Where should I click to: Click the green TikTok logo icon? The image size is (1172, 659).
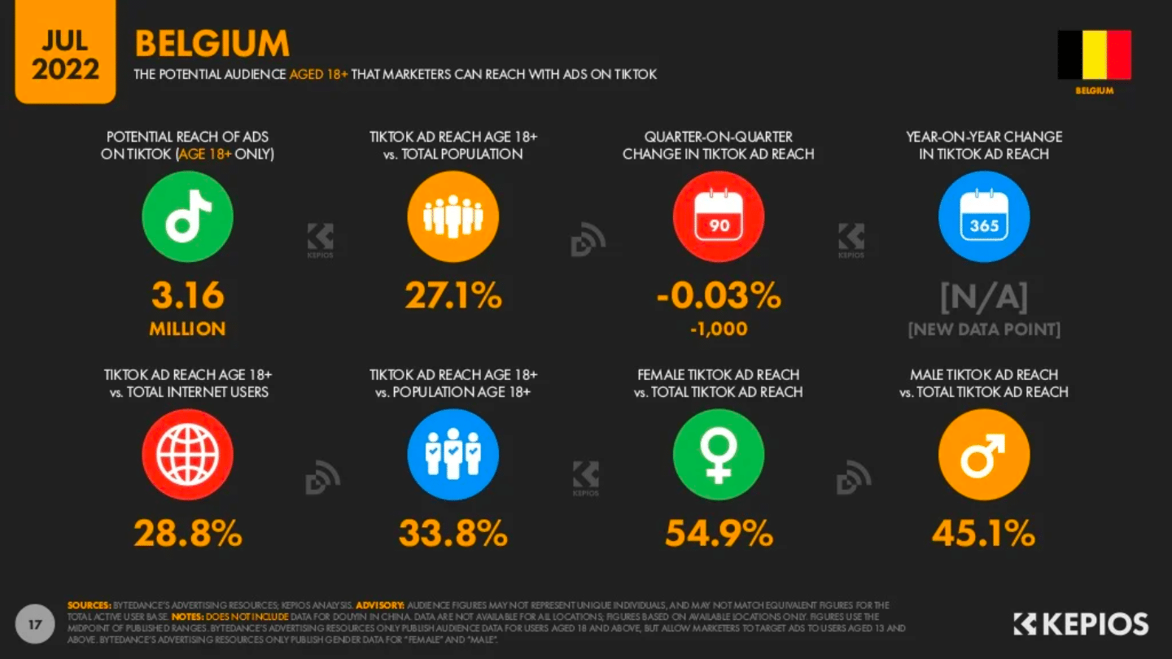click(x=188, y=216)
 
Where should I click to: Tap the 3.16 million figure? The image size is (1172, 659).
click(x=188, y=296)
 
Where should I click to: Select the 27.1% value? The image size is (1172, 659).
click(x=453, y=296)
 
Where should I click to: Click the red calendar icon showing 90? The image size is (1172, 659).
click(x=719, y=216)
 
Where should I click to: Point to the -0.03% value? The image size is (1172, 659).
click(x=719, y=296)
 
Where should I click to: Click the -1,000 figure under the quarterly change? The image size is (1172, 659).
click(x=719, y=329)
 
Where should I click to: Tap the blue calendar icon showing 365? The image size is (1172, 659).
click(x=984, y=216)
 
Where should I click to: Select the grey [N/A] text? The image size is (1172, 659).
click(x=984, y=298)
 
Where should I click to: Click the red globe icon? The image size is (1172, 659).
click(x=188, y=454)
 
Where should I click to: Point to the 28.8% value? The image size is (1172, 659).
click(x=188, y=534)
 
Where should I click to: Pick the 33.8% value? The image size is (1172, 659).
click(x=453, y=534)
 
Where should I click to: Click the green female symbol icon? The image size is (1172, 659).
click(x=719, y=454)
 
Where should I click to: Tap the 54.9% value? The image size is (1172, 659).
click(x=719, y=534)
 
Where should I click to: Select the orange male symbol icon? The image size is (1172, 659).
click(x=984, y=454)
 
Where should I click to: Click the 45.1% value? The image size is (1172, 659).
click(x=984, y=534)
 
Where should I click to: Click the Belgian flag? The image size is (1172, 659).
click(x=1095, y=55)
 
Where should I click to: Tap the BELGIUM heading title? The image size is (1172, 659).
click(x=212, y=44)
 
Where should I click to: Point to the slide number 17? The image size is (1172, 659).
click(x=35, y=624)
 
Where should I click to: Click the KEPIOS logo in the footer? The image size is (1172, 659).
click(x=1081, y=624)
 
